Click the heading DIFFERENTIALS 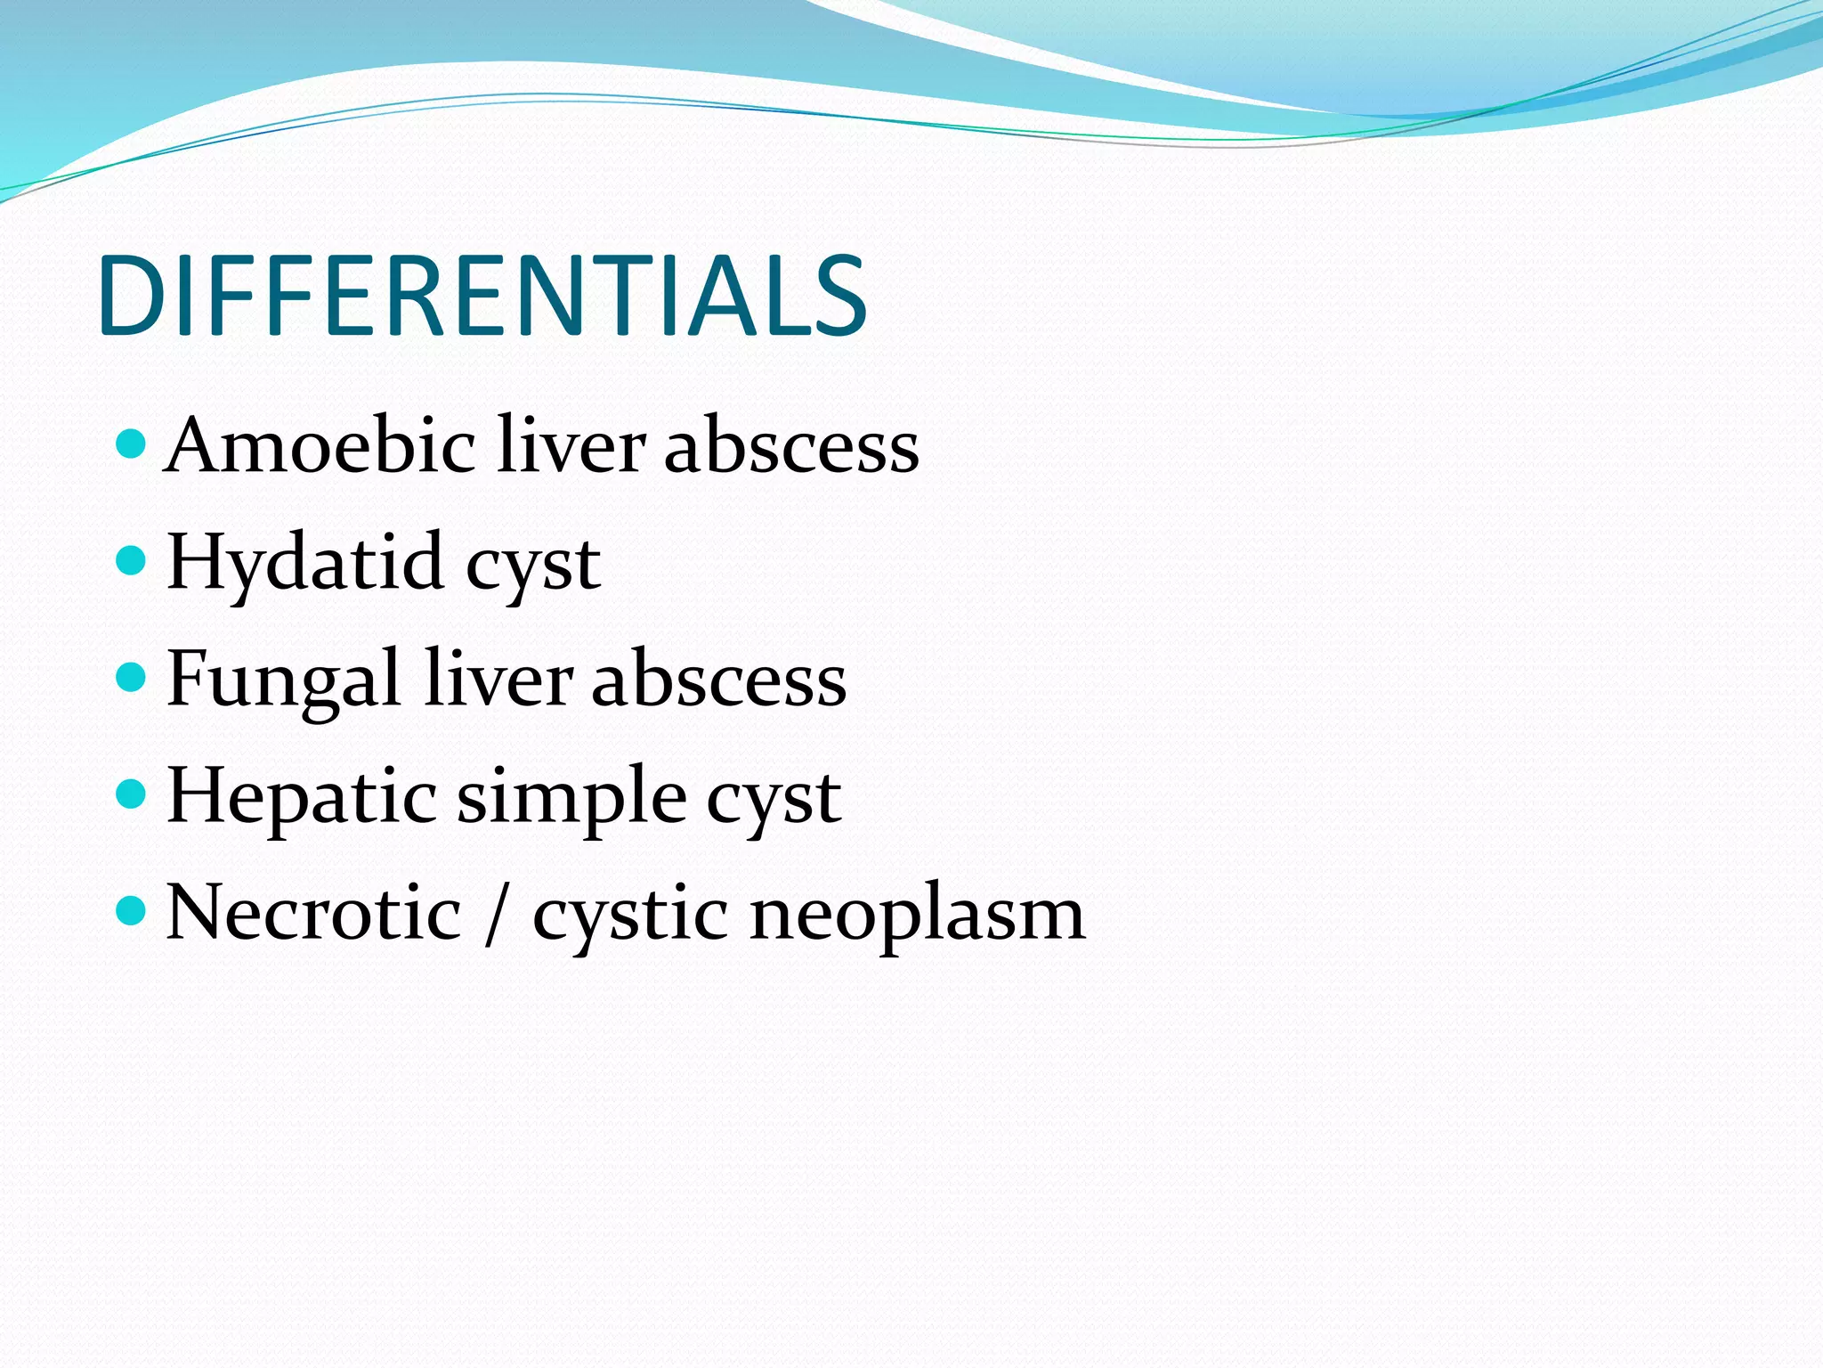482,296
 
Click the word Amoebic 320,445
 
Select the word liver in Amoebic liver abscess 571,445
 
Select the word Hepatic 301,796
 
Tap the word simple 571,798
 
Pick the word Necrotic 313,913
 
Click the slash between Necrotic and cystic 496,915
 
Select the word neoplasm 917,916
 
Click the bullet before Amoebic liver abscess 131,443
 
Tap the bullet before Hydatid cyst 131,560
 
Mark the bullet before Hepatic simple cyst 131,794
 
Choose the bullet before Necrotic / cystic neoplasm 131,910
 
